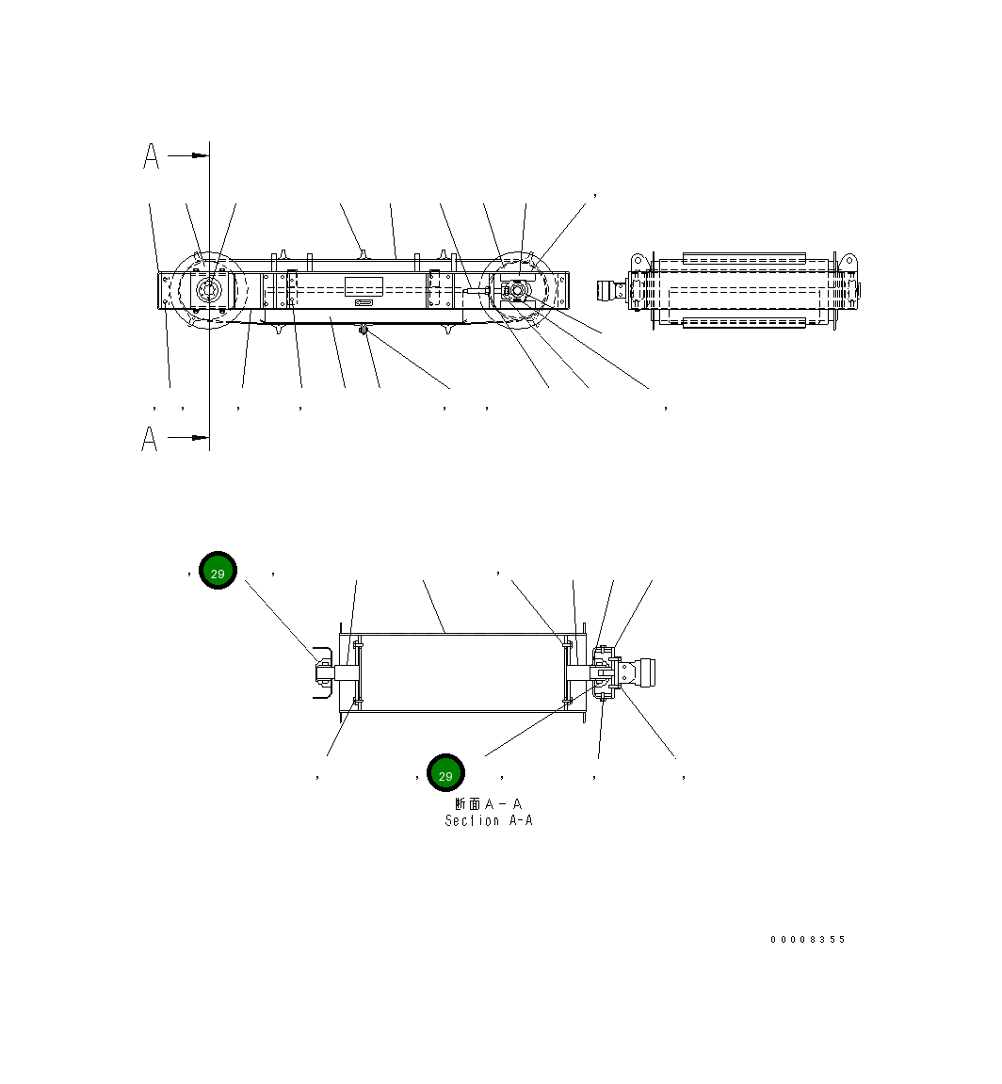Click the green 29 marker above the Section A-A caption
point(445,774)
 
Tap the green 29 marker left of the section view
point(218,572)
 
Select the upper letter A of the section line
point(151,156)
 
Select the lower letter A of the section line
point(150,439)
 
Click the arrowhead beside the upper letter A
point(200,155)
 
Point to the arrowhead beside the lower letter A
point(200,438)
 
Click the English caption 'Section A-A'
point(489,821)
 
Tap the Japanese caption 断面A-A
point(488,804)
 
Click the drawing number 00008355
point(808,940)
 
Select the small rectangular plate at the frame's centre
point(364,287)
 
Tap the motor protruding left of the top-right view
point(614,290)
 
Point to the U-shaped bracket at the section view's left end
point(321,673)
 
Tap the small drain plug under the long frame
point(364,330)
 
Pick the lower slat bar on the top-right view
point(744,324)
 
